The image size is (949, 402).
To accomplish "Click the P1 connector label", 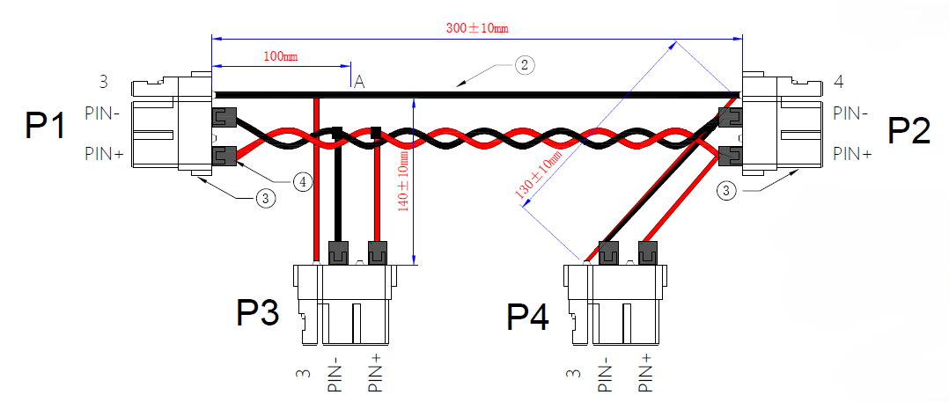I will point(45,127).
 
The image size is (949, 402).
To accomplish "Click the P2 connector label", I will point(909,130).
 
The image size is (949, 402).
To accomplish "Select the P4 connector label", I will point(527,317).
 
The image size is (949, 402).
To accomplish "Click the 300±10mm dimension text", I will point(477,28).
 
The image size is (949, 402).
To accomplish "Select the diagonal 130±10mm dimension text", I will point(537,175).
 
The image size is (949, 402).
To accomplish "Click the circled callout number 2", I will point(524,64).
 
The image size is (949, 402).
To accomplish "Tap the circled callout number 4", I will point(302,182).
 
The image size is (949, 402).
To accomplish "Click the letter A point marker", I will point(358,82).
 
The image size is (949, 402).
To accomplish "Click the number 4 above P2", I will point(838,82).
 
